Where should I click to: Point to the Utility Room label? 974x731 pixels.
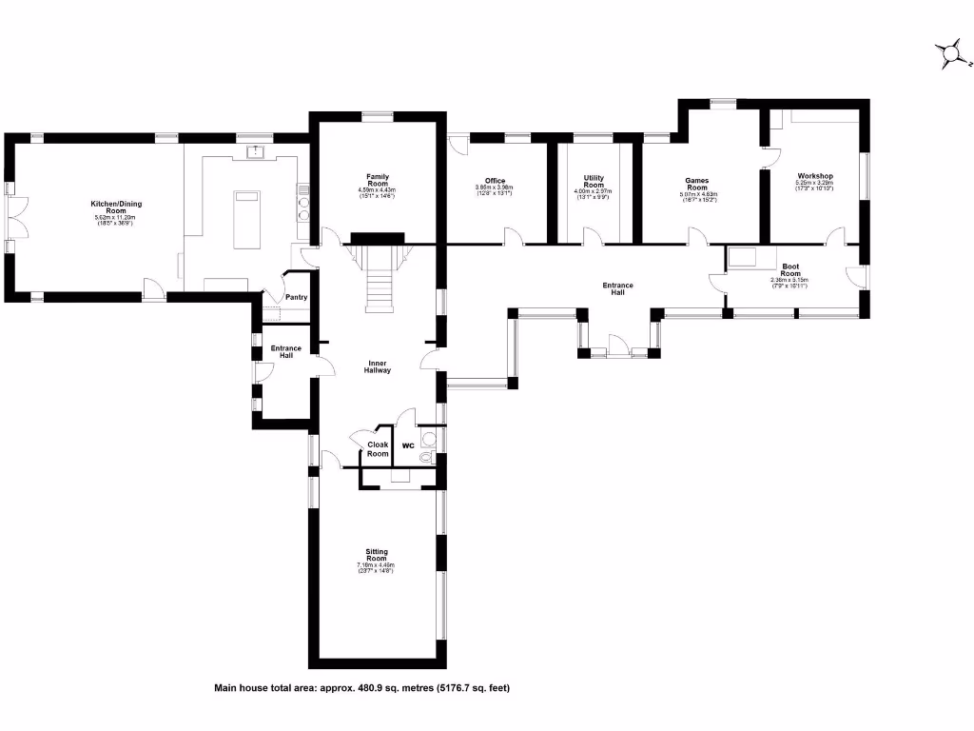pos(594,182)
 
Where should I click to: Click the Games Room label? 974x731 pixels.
pos(697,184)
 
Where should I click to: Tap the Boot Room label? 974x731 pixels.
pos(789,270)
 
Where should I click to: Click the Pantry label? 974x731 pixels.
pos(297,298)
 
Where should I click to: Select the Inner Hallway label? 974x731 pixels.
pos(378,366)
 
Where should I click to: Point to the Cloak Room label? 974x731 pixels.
pos(378,449)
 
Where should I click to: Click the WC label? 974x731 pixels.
pos(407,445)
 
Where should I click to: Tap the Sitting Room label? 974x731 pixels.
pos(377,555)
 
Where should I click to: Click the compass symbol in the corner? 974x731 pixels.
pos(947,55)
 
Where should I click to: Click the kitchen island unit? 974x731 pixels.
pos(246,219)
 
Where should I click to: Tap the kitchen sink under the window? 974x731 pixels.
pos(256,151)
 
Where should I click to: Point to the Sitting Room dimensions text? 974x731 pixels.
pos(377,569)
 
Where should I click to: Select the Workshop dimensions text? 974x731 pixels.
pos(815,188)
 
